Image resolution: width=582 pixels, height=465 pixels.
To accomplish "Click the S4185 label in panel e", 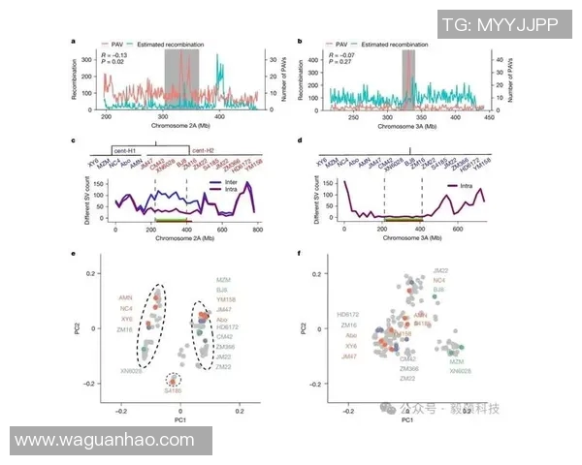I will tap(173, 390).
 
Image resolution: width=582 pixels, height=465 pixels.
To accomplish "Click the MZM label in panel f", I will tap(457, 360).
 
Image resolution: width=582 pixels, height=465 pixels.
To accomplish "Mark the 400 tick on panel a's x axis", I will tap(220, 116).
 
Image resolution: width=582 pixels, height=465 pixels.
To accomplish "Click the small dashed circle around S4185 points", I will tap(173, 380).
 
